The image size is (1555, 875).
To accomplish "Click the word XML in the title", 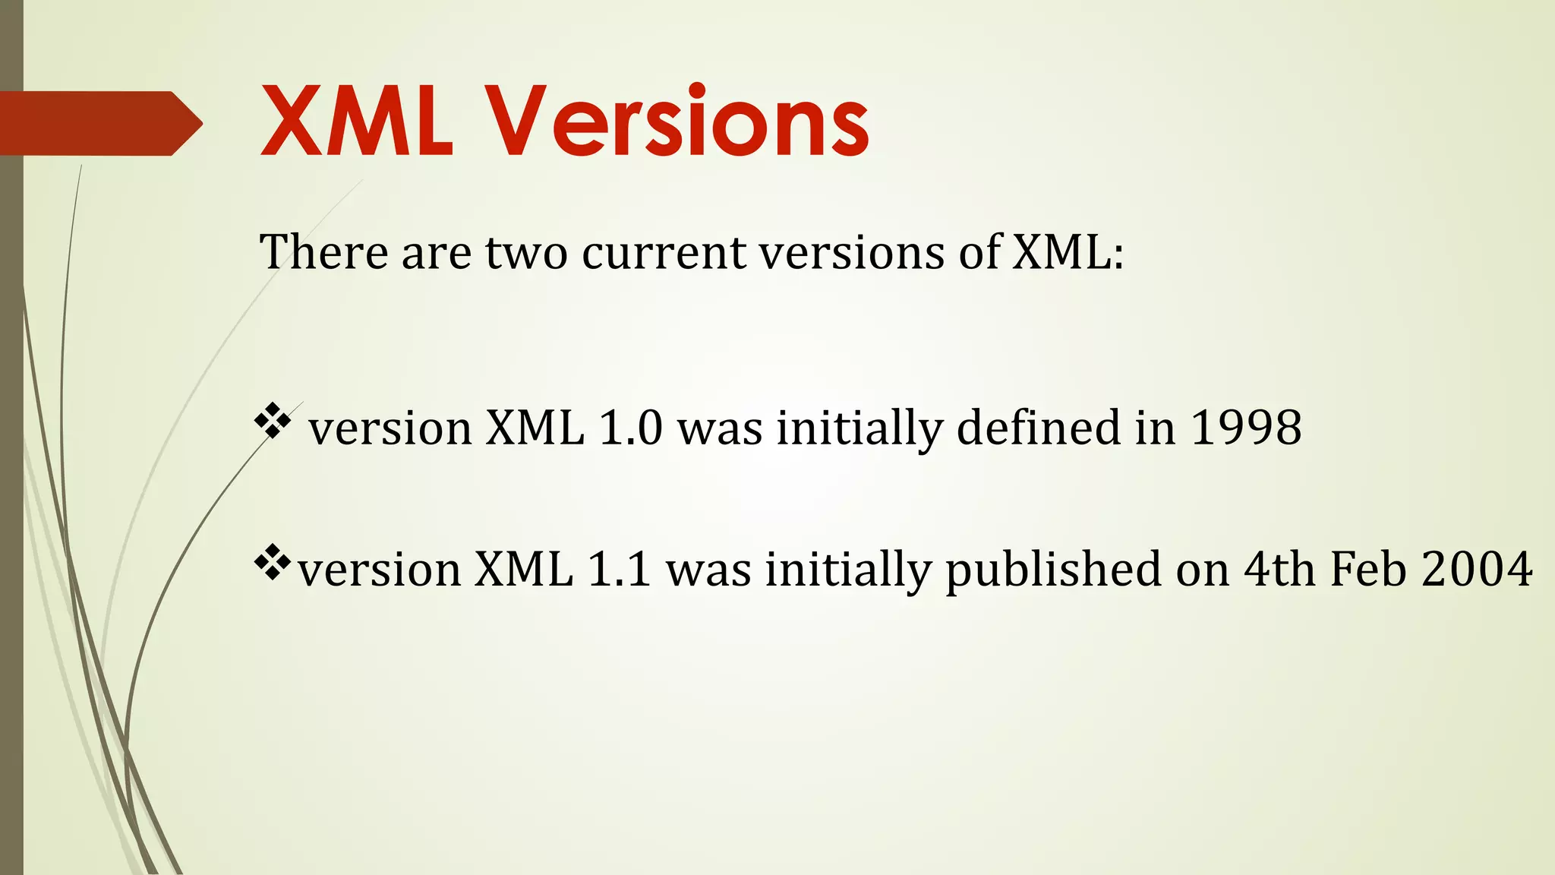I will point(357,122).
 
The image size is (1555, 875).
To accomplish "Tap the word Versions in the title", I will point(677,122).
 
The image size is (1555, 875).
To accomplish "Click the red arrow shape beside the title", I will point(99,123).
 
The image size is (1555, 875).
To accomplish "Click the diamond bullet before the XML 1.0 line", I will point(273,422).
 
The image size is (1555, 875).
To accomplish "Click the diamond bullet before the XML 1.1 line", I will point(273,564).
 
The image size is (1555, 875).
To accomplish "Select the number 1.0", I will point(630,427).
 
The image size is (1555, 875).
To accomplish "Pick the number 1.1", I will point(619,569).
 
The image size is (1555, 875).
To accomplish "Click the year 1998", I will point(1245,427).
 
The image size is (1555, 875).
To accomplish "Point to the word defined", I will point(1039,427).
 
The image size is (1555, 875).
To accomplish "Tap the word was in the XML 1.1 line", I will point(708,569).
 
